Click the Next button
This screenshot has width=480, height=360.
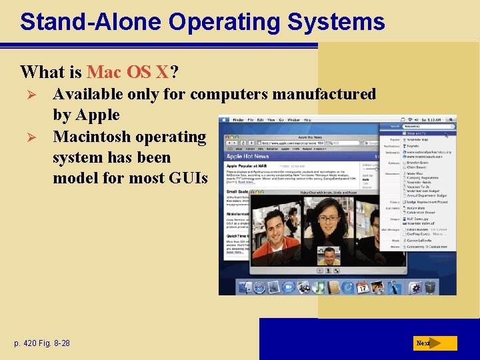point(434,343)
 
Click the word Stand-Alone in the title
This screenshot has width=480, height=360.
point(91,22)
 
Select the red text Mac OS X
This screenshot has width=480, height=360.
point(128,71)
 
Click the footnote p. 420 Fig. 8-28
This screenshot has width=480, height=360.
point(41,343)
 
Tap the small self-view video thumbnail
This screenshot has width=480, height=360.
point(327,257)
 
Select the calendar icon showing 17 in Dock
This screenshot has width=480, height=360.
point(363,287)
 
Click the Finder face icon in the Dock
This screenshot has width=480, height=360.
point(244,287)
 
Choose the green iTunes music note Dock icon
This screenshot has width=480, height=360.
point(319,287)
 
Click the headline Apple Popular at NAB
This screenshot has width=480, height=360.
point(250,165)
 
